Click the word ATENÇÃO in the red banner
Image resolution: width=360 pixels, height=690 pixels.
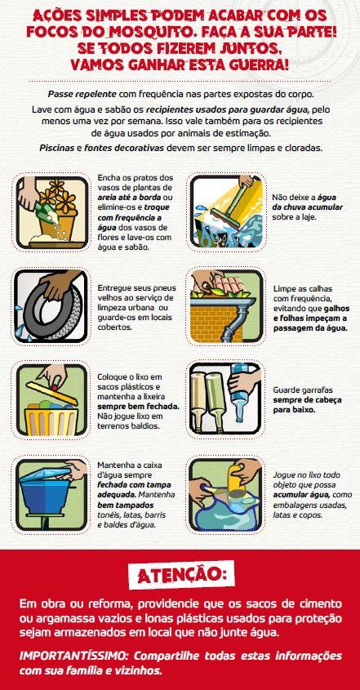tap(181, 575)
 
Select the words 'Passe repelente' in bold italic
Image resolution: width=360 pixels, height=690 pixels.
tap(82, 94)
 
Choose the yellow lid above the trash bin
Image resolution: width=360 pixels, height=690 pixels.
tap(51, 393)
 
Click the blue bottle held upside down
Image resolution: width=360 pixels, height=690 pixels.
tap(240, 390)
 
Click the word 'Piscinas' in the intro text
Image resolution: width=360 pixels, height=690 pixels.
tap(57, 148)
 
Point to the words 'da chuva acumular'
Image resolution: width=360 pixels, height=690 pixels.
tap(308, 207)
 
